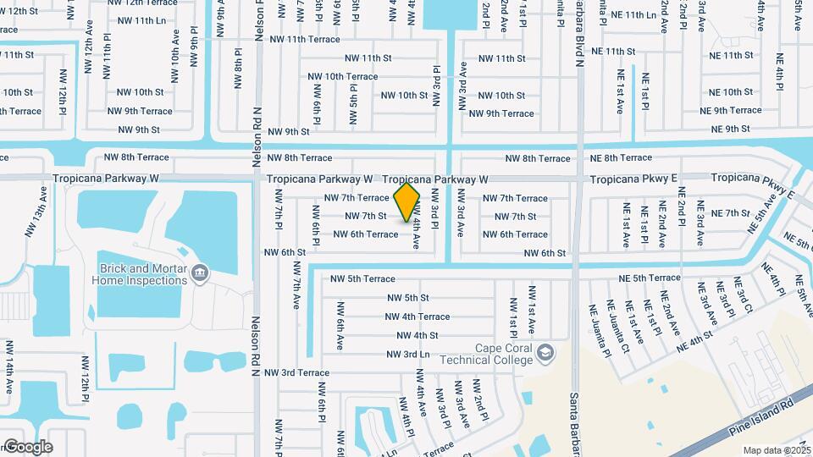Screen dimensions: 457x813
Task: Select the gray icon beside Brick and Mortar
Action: [200, 272]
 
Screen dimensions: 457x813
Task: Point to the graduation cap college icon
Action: [546, 352]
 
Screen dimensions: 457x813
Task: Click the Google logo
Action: [27, 447]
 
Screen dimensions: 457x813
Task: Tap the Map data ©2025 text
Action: [777, 450]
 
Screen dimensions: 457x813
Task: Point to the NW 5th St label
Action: [408, 298]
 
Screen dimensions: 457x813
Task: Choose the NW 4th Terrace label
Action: [418, 317]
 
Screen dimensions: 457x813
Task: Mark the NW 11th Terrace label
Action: [304, 40]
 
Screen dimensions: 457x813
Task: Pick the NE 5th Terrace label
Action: [650, 278]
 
